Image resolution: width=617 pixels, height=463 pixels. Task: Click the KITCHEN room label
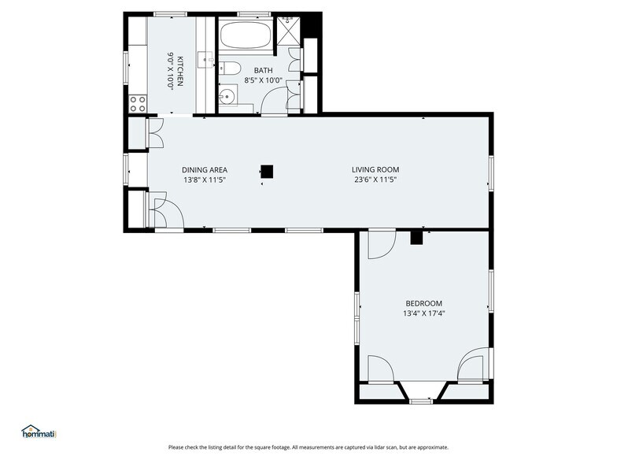tap(179, 71)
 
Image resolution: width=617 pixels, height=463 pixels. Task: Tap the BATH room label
tap(263, 71)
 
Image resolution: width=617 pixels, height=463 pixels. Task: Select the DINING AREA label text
tap(205, 170)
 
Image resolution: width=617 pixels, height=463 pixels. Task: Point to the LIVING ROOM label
tap(375, 170)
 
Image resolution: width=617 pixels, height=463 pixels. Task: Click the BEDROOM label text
tap(423, 304)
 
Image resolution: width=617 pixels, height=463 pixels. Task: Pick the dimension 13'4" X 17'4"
tap(423, 313)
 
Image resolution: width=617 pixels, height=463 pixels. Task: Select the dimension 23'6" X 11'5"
tap(375, 180)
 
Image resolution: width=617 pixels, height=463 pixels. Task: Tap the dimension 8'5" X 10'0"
tap(263, 80)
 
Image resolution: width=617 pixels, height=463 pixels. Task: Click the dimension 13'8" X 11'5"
tap(205, 180)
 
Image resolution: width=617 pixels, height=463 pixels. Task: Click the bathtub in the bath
tap(246, 35)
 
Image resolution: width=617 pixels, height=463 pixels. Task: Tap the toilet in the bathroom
tap(230, 68)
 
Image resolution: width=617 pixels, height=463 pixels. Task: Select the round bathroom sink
tap(227, 96)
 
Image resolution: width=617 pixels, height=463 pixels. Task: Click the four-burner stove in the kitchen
tap(138, 104)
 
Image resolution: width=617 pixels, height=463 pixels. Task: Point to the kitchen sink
tap(205, 60)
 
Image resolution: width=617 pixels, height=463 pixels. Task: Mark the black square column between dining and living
tap(268, 172)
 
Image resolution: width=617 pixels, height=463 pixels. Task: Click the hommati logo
tap(39, 432)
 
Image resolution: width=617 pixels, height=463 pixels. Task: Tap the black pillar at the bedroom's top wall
tap(416, 238)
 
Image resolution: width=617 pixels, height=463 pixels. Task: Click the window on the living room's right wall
tap(491, 173)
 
